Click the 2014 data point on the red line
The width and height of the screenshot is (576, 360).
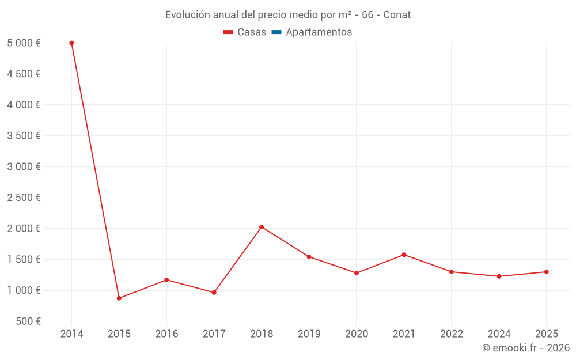(x=71, y=43)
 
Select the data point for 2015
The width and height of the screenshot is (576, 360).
(x=119, y=298)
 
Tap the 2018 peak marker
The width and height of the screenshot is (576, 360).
(x=262, y=227)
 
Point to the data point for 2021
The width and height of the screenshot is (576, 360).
(x=404, y=255)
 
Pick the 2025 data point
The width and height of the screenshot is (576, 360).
(x=546, y=272)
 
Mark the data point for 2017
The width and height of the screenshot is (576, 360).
(x=214, y=293)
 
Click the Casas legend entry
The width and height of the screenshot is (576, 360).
(x=245, y=32)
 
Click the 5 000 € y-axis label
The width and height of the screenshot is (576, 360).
(x=24, y=43)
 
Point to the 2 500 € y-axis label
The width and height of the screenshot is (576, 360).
(x=24, y=198)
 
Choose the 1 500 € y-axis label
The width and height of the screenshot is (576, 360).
(x=24, y=259)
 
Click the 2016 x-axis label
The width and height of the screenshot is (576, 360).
(x=166, y=334)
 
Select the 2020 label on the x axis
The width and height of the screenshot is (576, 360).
(x=357, y=334)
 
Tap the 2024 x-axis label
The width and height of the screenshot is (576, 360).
(x=499, y=334)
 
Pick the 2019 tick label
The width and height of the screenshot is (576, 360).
(x=309, y=334)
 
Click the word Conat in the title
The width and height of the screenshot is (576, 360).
(x=397, y=15)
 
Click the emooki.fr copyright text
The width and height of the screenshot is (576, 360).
(x=526, y=348)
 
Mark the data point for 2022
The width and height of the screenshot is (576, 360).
(x=452, y=272)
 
